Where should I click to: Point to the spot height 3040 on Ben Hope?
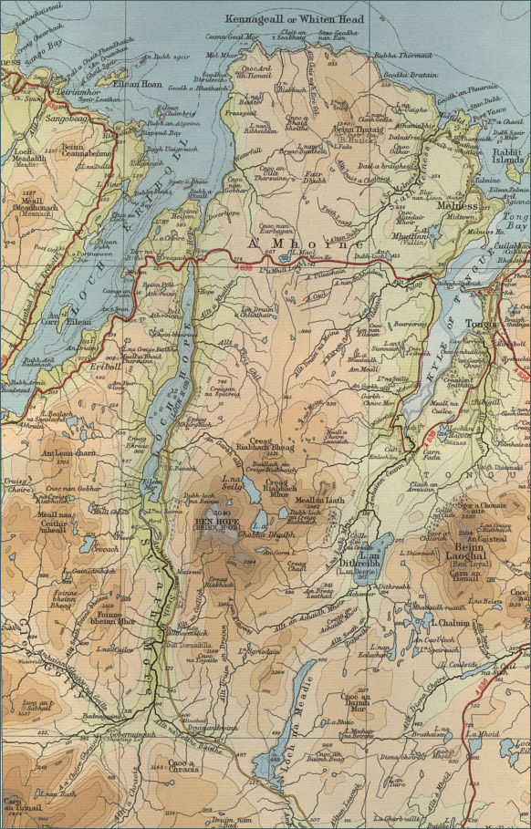(x=221, y=513)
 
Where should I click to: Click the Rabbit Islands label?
(x=507, y=131)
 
